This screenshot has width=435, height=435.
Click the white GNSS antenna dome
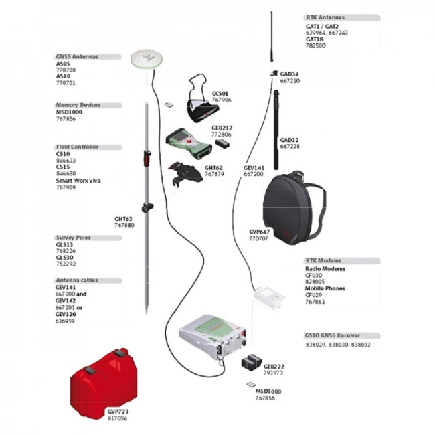click(146, 60)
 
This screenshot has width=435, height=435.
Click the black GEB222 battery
click(251, 362)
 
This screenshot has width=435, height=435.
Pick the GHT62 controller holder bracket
click(185, 175)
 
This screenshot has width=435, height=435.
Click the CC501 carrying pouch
click(200, 100)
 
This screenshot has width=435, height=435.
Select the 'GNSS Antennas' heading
click(77, 57)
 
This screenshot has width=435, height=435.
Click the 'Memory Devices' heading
click(78, 105)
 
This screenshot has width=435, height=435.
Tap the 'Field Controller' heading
click(77, 147)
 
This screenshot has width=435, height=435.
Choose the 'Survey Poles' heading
click(74, 238)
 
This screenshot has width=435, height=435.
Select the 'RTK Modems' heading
click(323, 260)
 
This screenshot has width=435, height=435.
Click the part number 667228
click(290, 147)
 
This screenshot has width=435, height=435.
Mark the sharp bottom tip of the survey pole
click(147, 312)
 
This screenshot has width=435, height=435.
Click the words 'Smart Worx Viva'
click(78, 181)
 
